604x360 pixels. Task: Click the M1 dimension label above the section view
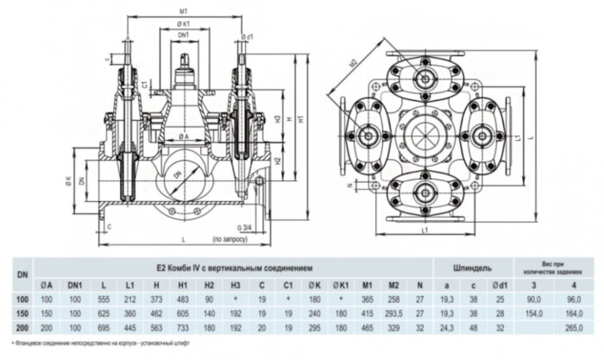coord(185,9)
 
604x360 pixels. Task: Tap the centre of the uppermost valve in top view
coord(423,75)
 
